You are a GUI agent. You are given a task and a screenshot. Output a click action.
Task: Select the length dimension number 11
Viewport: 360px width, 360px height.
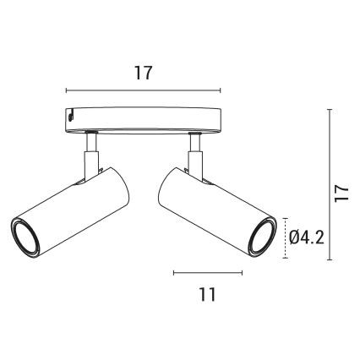pyautogui.click(x=208, y=294)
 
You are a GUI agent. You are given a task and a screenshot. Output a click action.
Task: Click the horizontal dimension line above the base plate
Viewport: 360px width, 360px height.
pyautogui.click(x=143, y=90)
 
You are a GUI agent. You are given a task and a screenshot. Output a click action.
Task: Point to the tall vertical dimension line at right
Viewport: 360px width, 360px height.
pyautogui.click(x=329, y=183)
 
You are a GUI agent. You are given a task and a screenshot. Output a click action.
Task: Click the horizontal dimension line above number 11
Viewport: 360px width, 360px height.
pyautogui.click(x=207, y=272)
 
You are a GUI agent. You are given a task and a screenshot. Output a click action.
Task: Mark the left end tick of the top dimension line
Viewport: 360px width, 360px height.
pyautogui.click(x=66, y=90)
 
